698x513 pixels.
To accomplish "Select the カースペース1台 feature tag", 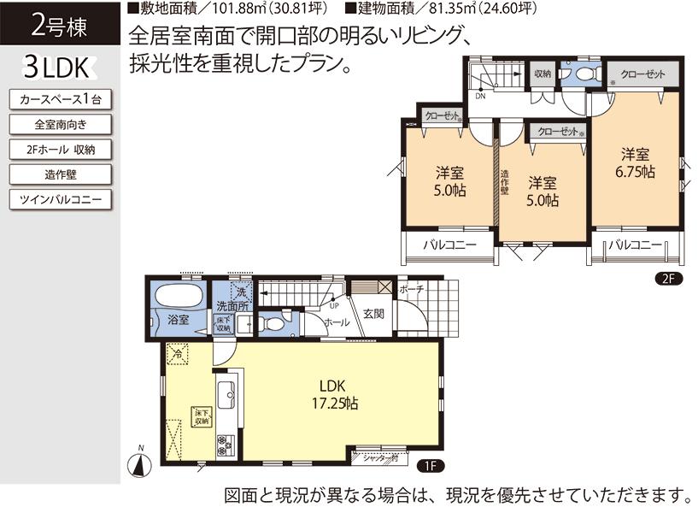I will [59, 100].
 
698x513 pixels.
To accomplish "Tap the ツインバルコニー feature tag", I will [59, 200].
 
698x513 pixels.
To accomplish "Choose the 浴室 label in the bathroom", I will [178, 321].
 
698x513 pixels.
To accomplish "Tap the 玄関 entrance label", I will [373, 314].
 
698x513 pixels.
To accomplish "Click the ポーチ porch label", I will [411, 289].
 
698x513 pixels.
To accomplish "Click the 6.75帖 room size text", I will [636, 172].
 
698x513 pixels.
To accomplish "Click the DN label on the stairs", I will [480, 96].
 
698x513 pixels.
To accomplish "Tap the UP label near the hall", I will [333, 304].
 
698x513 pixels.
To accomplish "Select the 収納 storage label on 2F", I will [543, 74].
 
